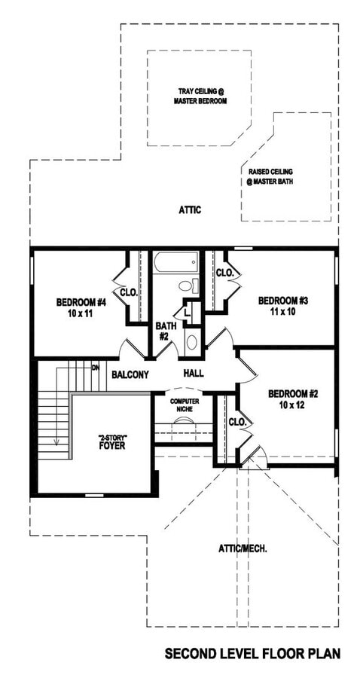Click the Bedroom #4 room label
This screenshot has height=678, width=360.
[x=81, y=307]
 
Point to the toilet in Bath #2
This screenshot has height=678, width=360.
[x=188, y=286]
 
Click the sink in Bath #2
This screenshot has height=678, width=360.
[x=191, y=342]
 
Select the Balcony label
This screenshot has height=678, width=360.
[x=130, y=375]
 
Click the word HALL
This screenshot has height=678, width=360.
[x=194, y=374]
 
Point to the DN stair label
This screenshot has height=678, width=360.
[x=95, y=368]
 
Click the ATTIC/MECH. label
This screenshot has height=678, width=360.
[x=243, y=548]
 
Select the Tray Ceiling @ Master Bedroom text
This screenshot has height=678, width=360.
[x=200, y=96]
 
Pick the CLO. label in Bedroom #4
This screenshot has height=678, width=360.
[x=129, y=293]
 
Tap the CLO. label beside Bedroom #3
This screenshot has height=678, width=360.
[x=224, y=273]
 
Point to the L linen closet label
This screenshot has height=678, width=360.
[x=187, y=312]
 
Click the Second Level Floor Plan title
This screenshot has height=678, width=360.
[x=252, y=653]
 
